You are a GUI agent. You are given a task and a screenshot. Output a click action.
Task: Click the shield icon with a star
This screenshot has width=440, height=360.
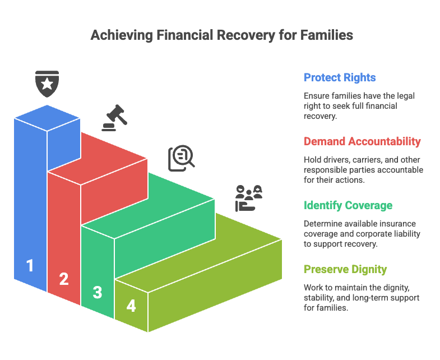[x=47, y=84]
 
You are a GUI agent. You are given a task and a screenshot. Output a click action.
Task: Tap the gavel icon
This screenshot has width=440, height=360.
[x=114, y=118]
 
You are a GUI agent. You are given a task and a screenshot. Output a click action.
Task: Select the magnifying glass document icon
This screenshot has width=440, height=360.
[x=181, y=158]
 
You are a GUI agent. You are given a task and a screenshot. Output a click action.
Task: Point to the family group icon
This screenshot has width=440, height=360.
[x=249, y=199]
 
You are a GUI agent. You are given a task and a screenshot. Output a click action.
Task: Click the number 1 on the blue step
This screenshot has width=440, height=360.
[x=30, y=266]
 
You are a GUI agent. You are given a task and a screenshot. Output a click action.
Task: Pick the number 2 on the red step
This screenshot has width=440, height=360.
[x=64, y=279]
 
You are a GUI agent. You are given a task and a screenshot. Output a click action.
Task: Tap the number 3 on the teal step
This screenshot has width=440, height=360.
[x=98, y=292]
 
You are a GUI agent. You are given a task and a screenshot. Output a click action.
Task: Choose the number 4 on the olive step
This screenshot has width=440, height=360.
[x=131, y=306]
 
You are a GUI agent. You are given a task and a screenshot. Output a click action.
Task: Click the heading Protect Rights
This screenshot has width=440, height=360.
[x=340, y=77]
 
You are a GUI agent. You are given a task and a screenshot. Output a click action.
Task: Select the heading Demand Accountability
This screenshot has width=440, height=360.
[x=362, y=141]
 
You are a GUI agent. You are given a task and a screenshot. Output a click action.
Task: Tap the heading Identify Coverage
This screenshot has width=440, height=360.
[x=348, y=205]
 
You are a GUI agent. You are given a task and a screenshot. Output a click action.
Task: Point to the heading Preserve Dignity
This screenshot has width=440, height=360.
[x=345, y=269]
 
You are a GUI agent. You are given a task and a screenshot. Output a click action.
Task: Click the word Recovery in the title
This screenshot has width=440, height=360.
[x=246, y=35]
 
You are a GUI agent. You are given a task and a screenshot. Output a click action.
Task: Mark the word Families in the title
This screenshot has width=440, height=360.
[x=327, y=35]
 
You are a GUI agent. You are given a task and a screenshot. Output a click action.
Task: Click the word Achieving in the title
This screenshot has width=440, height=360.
[x=122, y=35]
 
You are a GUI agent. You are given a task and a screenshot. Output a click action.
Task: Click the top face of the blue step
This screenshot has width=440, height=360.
[x=47, y=118]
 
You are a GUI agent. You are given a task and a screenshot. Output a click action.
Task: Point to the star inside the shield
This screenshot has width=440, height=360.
[x=47, y=84]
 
